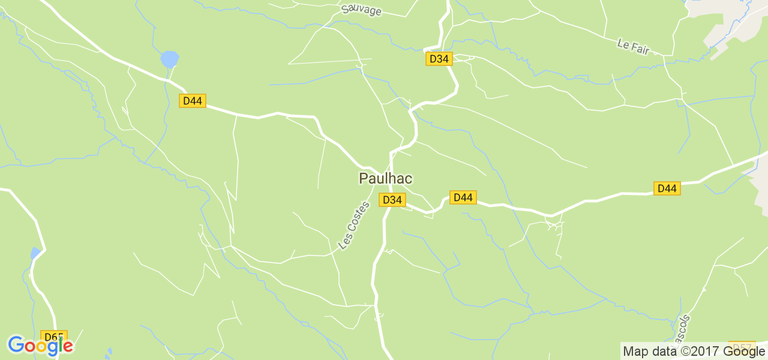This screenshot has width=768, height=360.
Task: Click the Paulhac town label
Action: pos(385,178)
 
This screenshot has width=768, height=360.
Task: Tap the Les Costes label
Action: pos(354,225)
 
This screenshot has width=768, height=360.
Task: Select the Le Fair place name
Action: pos(633,46)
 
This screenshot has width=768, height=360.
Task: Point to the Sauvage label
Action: pos(361,10)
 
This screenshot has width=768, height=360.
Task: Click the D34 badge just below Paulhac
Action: pos(392,199)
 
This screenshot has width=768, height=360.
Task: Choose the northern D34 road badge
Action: pos(439,58)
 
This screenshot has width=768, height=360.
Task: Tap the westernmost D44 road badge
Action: pos(192,100)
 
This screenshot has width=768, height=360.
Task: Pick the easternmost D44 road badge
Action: pos(667,188)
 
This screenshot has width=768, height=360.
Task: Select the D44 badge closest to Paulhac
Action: pos(463,197)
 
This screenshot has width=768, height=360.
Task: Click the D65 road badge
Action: pos(53,337)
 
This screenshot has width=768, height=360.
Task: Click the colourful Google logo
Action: pos(40,345)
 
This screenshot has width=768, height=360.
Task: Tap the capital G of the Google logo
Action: pos(16,345)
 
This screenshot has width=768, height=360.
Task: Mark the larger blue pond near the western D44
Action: pos(170,59)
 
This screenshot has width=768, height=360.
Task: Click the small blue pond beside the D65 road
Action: pos(36,253)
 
